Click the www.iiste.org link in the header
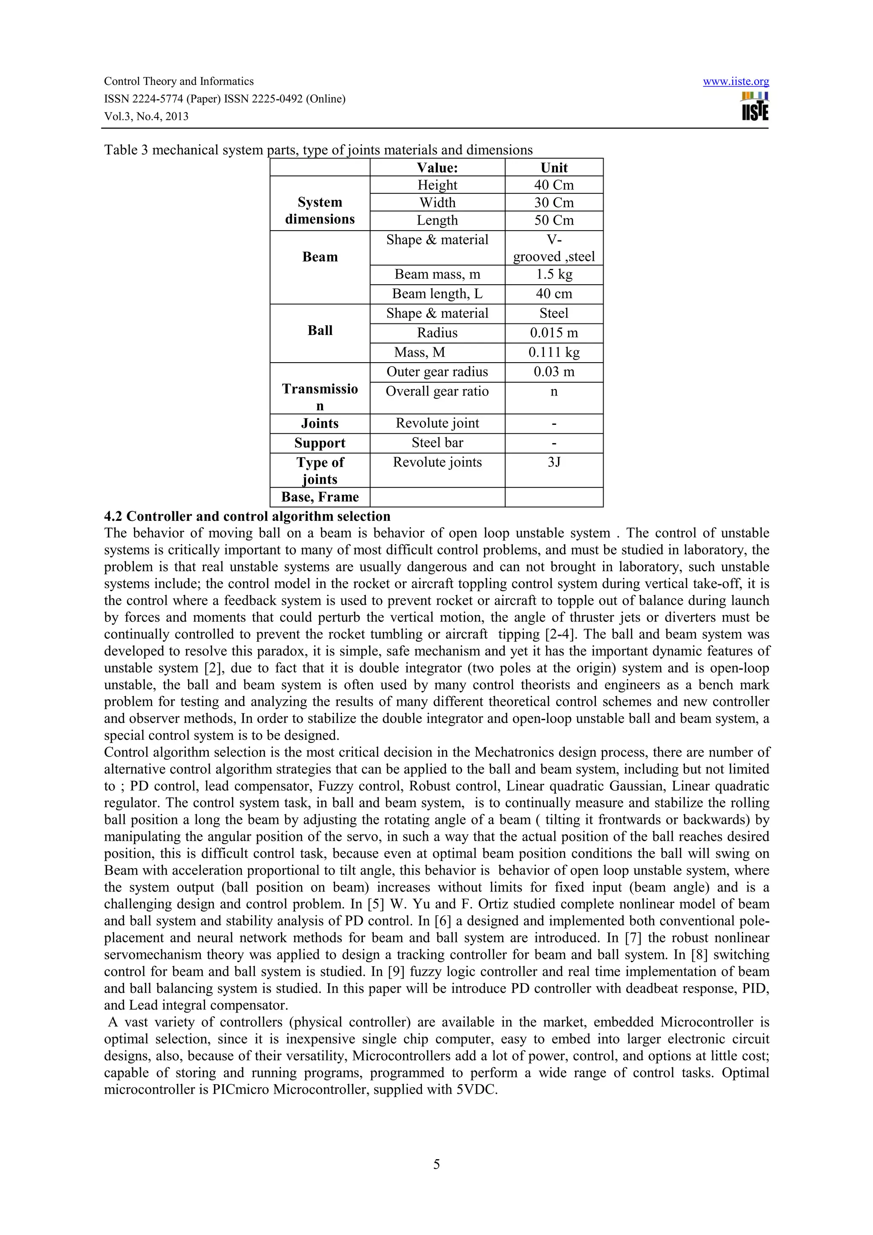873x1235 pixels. [735, 82]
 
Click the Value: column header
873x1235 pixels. [437, 168]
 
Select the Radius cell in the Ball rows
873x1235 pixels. [437, 333]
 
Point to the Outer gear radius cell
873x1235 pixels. [437, 372]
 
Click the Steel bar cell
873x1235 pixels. [437, 443]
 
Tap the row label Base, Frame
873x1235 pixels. [320, 497]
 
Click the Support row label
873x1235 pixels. [320, 443]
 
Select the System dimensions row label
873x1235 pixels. [320, 211]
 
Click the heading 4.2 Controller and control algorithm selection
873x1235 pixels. [247, 517]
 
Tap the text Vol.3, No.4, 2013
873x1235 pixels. [146, 117]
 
